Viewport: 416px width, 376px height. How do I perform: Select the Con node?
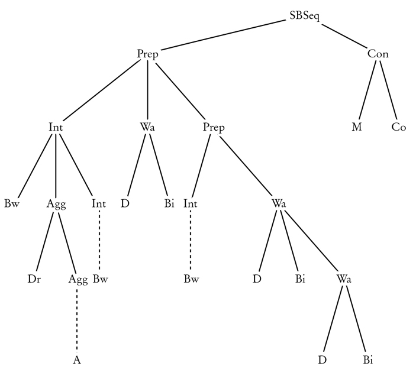[378, 54]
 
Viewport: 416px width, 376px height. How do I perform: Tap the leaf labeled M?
[357, 127]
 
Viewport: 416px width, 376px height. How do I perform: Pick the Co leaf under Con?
[399, 127]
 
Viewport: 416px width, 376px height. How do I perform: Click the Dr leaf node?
[34, 279]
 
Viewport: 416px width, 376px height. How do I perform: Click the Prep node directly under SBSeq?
[147, 54]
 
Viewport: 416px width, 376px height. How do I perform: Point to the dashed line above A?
[77, 319]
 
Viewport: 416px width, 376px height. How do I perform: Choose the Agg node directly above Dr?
[56, 204]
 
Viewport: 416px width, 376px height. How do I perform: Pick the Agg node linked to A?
[78, 279]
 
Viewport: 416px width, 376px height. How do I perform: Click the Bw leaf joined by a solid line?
[11, 204]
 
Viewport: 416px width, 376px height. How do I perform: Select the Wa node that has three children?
[279, 203]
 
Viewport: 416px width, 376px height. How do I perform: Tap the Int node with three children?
[56, 127]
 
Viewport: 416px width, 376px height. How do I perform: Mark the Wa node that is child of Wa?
[344, 279]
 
